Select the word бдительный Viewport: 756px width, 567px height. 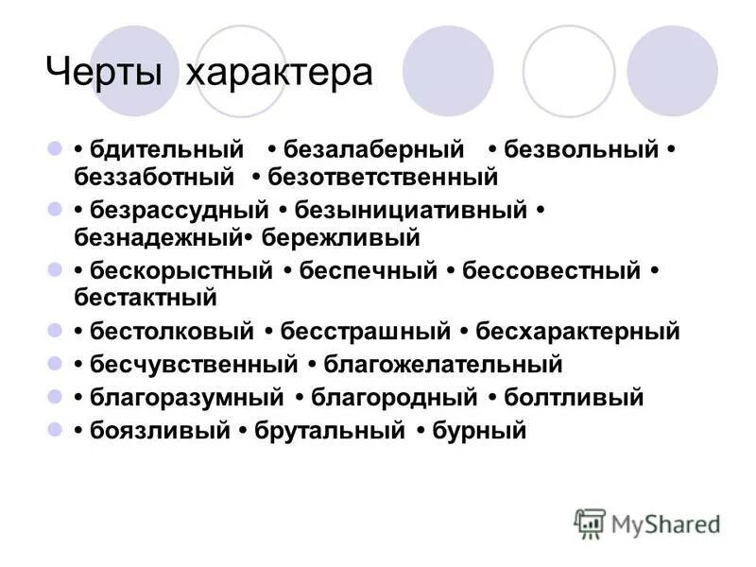click(167, 150)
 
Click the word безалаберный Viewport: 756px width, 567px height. click(374, 150)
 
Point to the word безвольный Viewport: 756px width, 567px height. click(580, 150)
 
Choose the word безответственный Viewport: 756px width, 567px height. click(383, 176)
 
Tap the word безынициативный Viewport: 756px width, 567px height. click(412, 210)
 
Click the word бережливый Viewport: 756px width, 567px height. click(340, 235)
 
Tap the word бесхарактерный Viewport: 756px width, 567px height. click(578, 332)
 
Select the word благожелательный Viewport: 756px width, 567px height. click(443, 364)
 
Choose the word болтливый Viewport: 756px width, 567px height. click(574, 398)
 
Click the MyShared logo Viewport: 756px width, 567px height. click(647, 523)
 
